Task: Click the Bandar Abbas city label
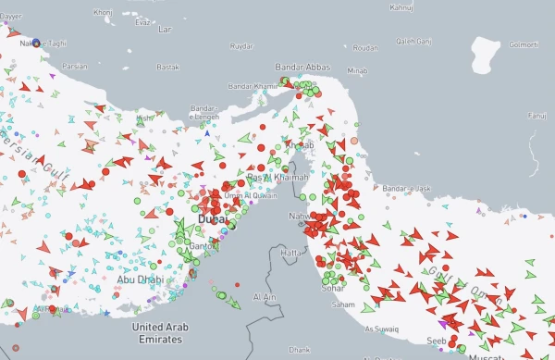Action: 302,68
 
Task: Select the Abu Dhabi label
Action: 138,279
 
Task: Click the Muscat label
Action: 487,356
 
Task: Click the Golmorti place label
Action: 523,43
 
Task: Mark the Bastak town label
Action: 168,68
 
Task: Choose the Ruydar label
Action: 240,45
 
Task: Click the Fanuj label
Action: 536,116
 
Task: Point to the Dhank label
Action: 299,352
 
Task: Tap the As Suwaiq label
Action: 382,329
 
